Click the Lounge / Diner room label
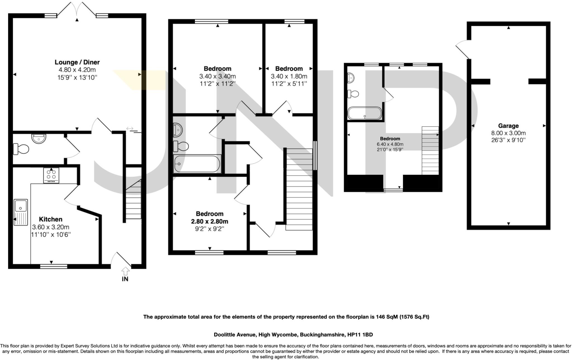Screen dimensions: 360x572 [x=77, y=62]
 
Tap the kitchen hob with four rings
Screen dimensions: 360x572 [x=51, y=175]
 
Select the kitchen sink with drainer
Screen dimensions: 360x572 [x=21, y=212]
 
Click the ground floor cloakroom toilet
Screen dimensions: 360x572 [x=21, y=149]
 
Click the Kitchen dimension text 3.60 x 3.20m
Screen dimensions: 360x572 [x=51, y=227]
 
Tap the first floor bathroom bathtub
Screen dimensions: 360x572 [x=197, y=164]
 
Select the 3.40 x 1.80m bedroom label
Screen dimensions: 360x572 [x=289, y=76]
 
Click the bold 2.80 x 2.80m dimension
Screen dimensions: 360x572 [x=209, y=222]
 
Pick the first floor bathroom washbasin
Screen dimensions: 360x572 [x=177, y=130]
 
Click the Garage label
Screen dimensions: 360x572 [x=508, y=126]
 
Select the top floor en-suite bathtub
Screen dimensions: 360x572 [x=364, y=113]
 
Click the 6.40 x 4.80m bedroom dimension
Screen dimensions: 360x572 [x=390, y=144]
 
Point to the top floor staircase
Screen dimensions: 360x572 [x=430, y=151]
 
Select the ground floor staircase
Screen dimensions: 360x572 [x=133, y=200]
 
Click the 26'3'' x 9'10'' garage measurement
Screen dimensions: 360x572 [x=508, y=140]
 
